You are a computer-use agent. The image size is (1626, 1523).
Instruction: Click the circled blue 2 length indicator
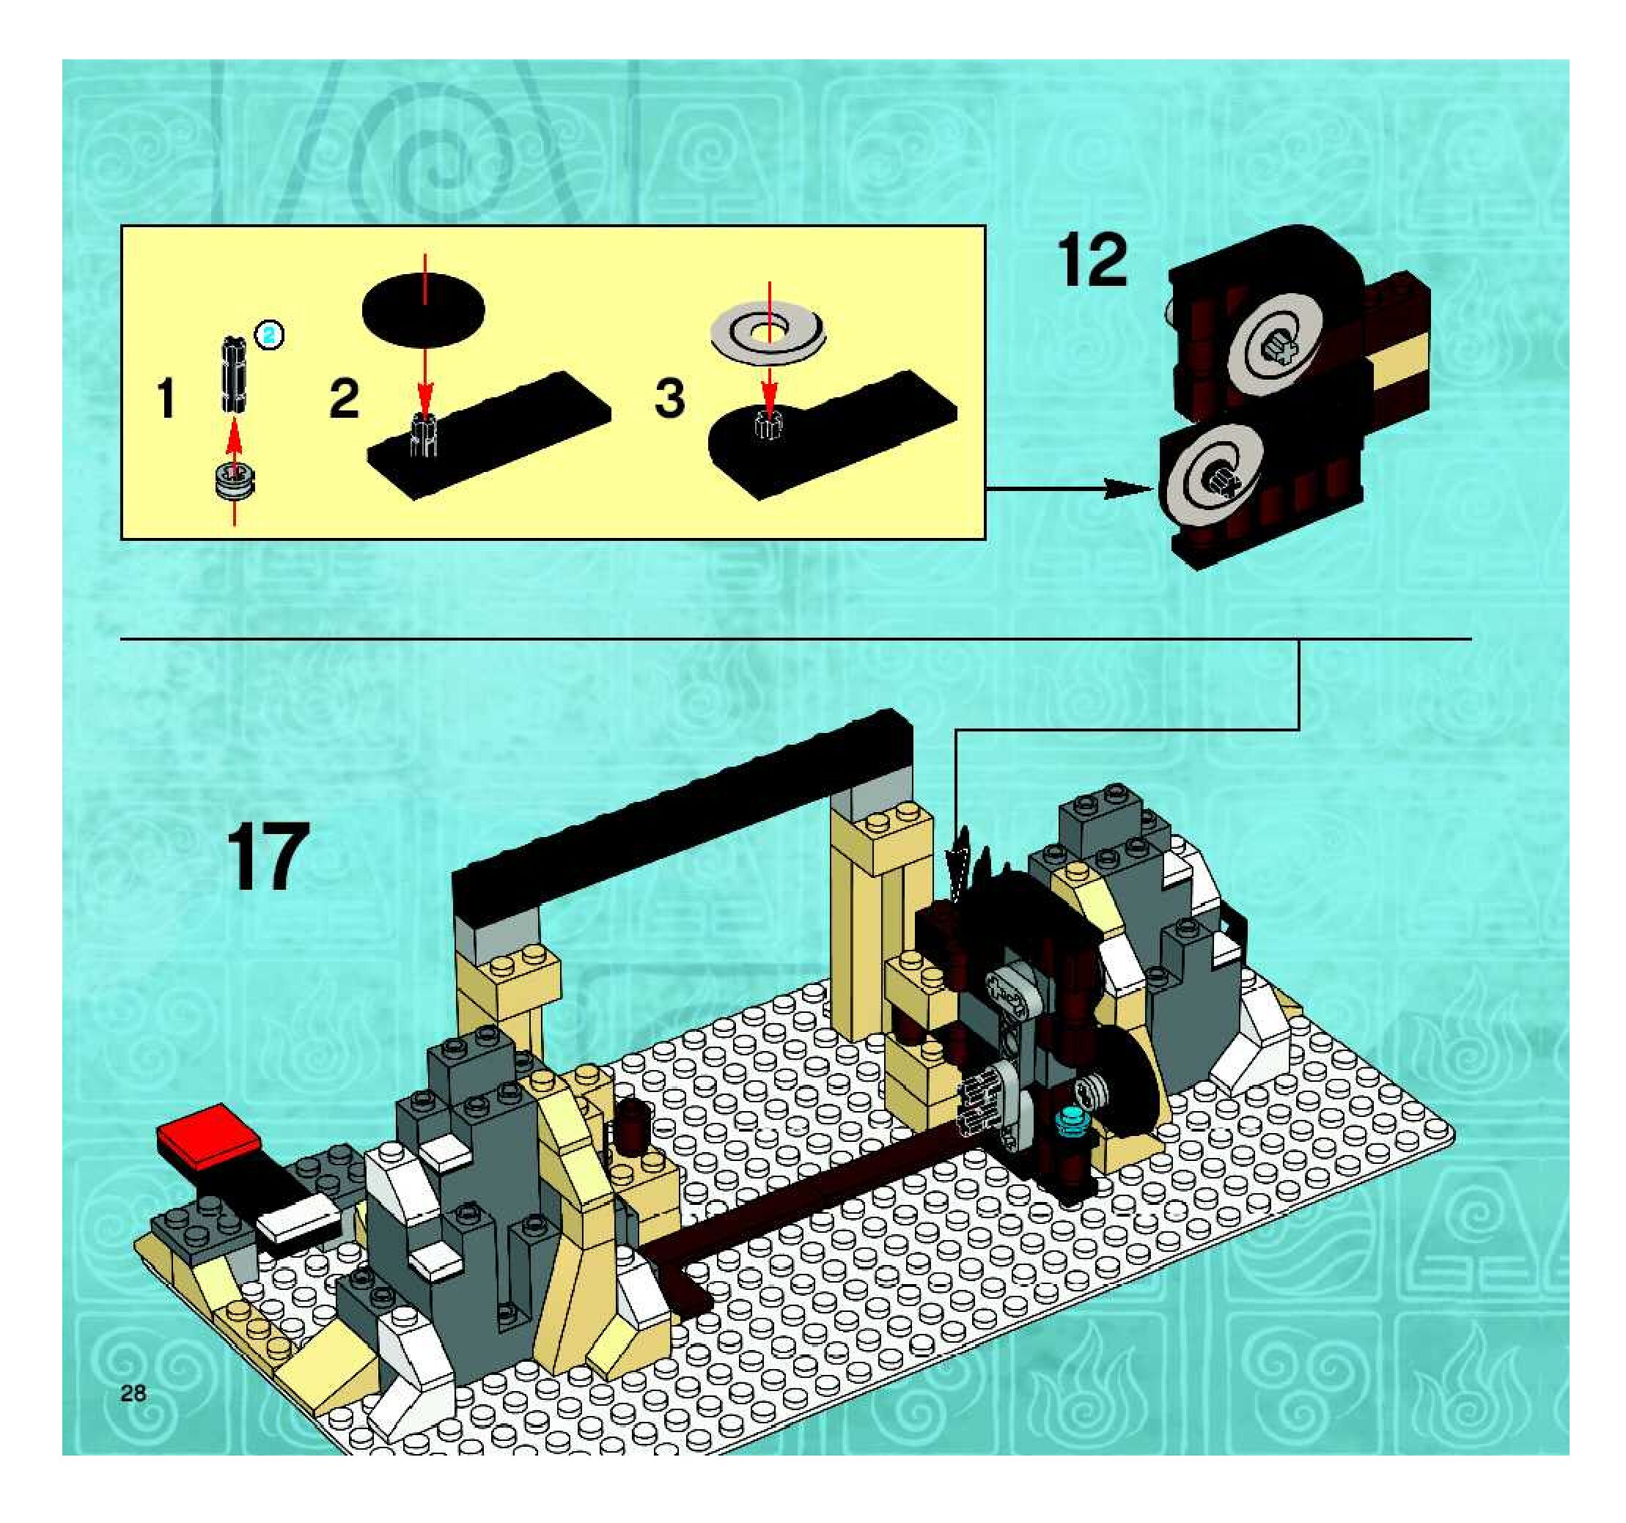[x=269, y=334]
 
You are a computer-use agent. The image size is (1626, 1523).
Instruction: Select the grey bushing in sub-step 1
[x=234, y=479]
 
